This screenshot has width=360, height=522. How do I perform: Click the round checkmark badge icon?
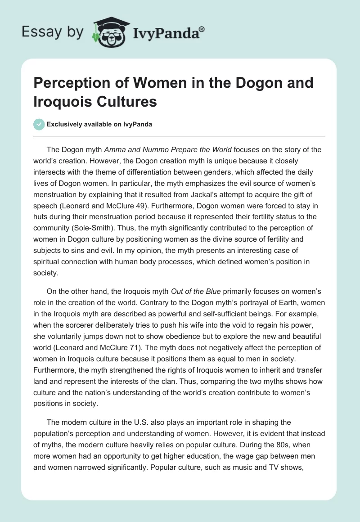click(39, 124)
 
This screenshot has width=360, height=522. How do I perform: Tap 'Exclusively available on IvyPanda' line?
click(99, 124)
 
